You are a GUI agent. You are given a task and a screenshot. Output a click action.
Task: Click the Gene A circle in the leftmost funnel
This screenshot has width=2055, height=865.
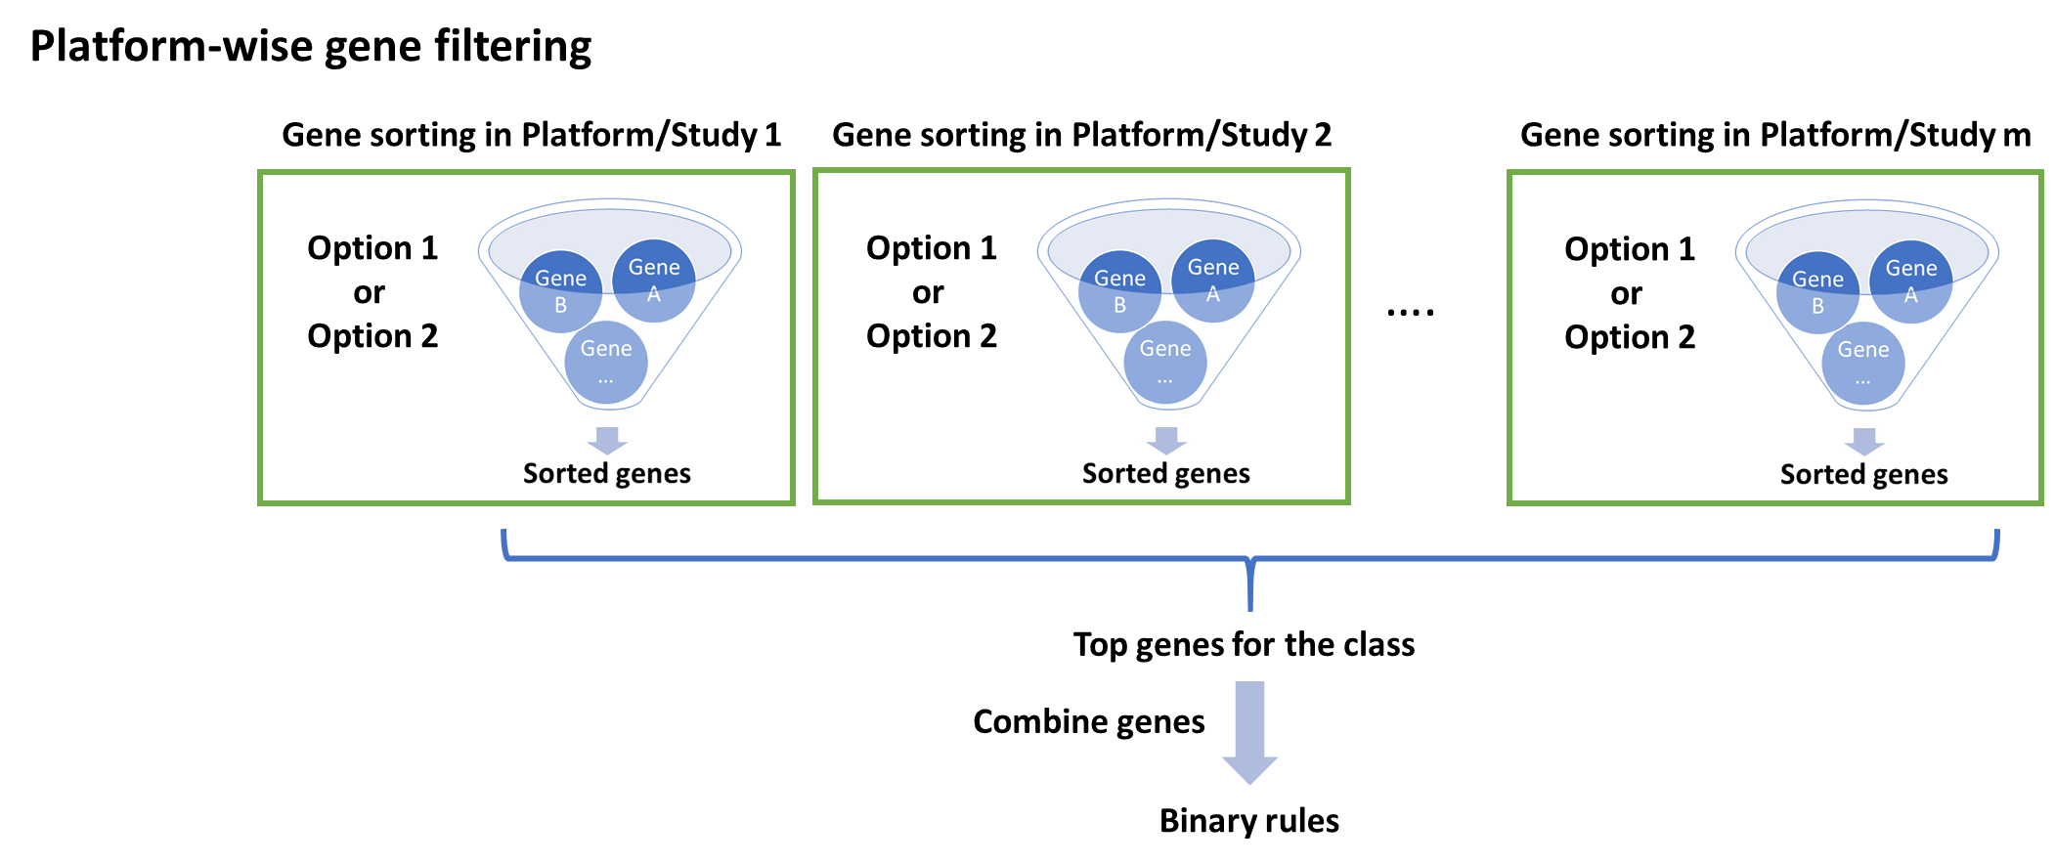653,280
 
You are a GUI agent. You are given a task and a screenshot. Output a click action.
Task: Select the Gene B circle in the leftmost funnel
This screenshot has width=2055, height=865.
560,291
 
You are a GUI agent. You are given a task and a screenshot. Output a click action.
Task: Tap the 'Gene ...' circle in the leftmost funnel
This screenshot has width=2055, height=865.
606,361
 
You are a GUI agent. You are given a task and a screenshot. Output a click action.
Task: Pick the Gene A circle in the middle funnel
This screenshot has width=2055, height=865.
1212,280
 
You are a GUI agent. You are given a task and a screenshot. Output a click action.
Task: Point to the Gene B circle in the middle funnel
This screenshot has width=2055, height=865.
1119,291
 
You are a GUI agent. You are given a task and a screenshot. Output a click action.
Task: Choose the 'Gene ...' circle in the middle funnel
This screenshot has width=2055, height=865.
1165,361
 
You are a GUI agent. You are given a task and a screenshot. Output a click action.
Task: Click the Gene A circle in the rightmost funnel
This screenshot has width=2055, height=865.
1910,281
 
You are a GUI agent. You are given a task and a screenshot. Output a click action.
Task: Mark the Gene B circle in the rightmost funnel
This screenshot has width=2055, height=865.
1817,292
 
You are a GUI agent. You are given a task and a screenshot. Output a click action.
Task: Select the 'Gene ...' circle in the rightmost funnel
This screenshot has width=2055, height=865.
1863,362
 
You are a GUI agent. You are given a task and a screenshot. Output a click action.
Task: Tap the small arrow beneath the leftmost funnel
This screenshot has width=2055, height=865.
607,441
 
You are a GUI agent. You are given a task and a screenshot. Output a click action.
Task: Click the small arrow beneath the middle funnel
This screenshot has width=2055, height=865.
1166,441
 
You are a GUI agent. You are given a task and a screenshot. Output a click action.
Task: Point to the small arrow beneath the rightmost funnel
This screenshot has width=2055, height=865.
1864,442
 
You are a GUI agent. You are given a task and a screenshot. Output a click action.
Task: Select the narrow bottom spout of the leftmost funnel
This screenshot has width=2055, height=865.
607,401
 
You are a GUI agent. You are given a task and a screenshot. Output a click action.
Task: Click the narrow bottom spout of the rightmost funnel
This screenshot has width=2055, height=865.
1864,402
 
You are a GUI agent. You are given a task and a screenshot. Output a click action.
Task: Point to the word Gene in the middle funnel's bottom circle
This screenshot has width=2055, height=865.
1165,349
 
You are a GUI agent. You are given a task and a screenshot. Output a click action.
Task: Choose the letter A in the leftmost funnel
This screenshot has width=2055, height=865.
653,294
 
